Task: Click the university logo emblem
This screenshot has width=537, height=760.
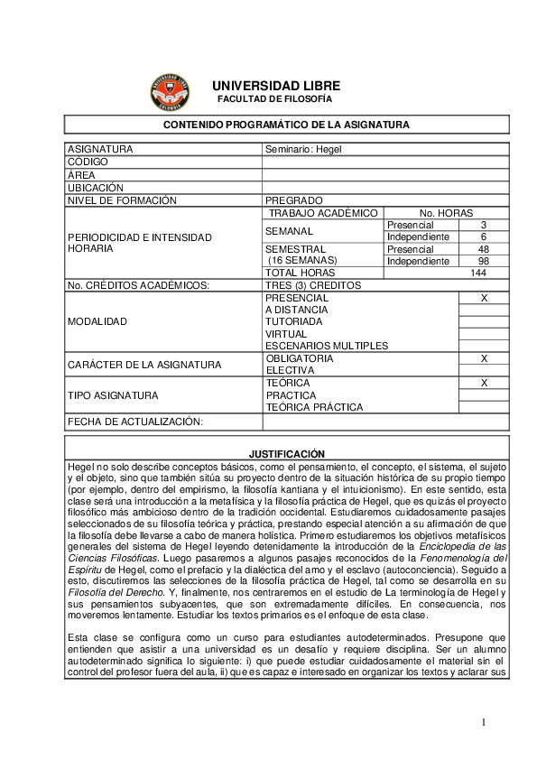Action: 170,91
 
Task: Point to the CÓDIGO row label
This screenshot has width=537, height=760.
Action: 88,162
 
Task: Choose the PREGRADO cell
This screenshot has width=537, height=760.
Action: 294,200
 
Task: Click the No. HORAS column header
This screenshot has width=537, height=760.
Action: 446,213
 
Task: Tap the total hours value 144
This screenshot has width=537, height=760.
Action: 478,273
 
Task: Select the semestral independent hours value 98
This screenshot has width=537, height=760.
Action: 484,261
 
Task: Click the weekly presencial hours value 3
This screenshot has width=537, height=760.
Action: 484,225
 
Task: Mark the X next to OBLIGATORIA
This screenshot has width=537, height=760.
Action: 484,358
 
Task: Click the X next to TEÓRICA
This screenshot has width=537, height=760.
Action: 484,383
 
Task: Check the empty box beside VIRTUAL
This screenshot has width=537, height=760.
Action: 484,334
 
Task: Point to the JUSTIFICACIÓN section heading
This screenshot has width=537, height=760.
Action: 286,453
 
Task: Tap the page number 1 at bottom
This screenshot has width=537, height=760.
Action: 484,721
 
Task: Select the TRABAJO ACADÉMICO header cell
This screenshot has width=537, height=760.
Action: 323,213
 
